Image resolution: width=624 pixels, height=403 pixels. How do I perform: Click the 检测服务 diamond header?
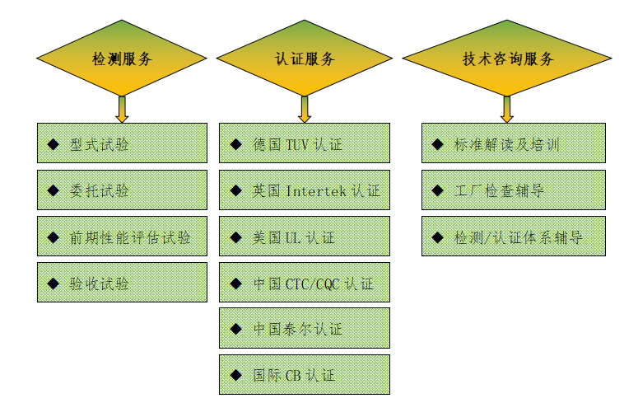pyautogui.click(x=122, y=59)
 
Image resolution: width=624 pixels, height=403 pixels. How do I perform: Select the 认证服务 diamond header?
pyautogui.click(x=304, y=59)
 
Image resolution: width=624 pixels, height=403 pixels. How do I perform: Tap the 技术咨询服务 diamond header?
pyautogui.click(x=507, y=59)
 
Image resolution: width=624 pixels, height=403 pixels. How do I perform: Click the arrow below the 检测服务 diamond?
pyautogui.click(x=122, y=109)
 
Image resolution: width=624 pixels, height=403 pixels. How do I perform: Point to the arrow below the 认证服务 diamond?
pyautogui.click(x=304, y=109)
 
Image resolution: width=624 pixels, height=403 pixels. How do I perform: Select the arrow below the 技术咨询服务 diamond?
pyautogui.click(x=507, y=109)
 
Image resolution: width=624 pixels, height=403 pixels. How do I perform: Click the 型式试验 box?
pyautogui.click(x=122, y=144)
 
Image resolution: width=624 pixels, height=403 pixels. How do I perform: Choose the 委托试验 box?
pyautogui.click(x=122, y=190)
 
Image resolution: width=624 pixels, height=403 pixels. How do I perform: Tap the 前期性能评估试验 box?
pyautogui.click(x=122, y=237)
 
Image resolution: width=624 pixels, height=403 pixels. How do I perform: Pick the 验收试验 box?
pyautogui.click(x=122, y=283)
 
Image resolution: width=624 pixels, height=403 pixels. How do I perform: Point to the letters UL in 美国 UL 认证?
pyautogui.click(x=293, y=237)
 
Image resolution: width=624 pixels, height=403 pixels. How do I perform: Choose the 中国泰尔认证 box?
pyautogui.click(x=304, y=329)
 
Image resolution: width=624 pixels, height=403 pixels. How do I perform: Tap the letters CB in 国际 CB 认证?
pyautogui.click(x=293, y=375)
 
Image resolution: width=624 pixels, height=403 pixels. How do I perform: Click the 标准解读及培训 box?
pyautogui.click(x=513, y=144)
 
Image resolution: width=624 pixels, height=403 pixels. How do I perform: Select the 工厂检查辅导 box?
pyautogui.click(x=513, y=190)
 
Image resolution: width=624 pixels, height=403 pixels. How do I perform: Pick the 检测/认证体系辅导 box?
pyautogui.click(x=513, y=237)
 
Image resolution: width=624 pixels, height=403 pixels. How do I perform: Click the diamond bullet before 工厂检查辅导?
pyautogui.click(x=438, y=191)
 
